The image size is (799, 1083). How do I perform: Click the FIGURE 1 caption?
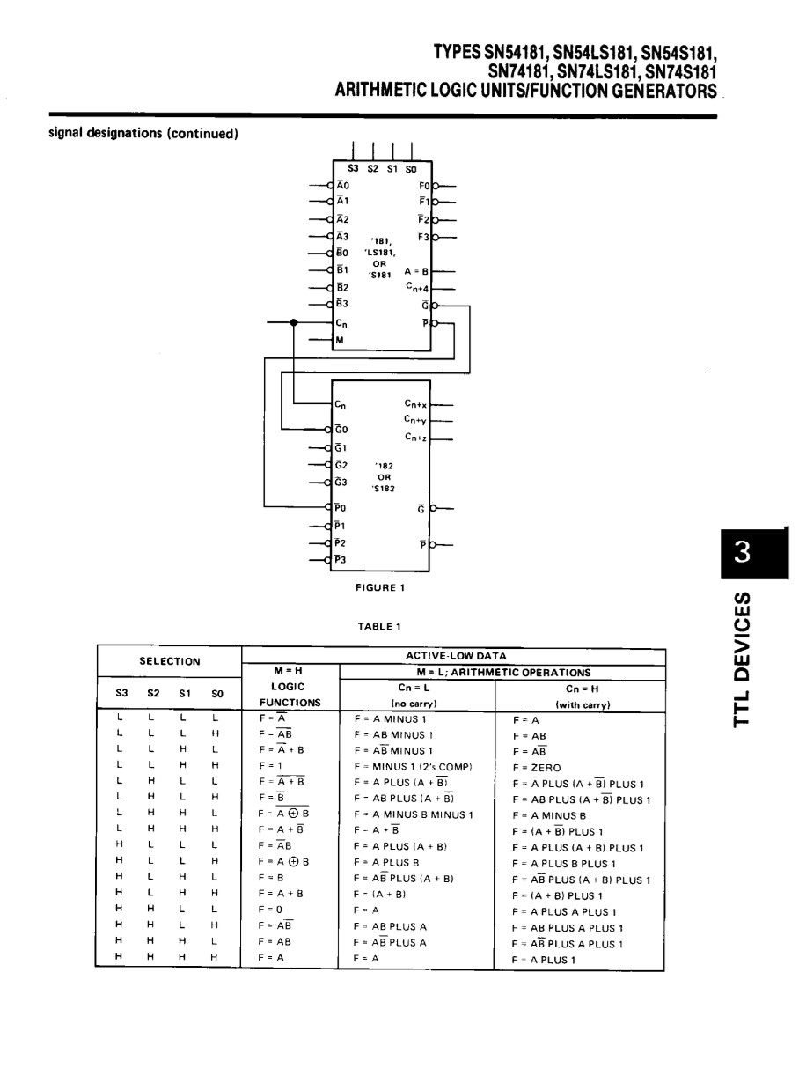click(x=380, y=587)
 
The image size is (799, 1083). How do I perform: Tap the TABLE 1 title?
click(x=379, y=626)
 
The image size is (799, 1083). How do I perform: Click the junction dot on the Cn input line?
click(x=293, y=322)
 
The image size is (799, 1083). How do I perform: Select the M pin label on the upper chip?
click(x=340, y=340)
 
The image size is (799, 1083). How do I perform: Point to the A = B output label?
click(x=416, y=271)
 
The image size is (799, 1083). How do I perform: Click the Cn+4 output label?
click(x=417, y=287)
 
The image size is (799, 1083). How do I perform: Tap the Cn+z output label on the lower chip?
click(x=416, y=437)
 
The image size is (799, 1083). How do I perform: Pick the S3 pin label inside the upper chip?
click(x=353, y=168)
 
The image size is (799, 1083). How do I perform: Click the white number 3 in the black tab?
click(x=742, y=552)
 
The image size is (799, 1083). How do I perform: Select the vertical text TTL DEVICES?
click(x=743, y=659)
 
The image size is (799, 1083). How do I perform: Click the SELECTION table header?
click(x=170, y=661)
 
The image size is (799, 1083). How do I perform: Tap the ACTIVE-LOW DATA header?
click(x=456, y=656)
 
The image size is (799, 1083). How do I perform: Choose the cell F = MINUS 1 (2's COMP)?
click(x=414, y=767)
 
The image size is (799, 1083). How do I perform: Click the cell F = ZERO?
click(x=537, y=768)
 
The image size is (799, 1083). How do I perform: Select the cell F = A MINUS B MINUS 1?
click(x=414, y=814)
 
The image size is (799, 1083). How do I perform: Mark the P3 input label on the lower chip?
click(x=341, y=560)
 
